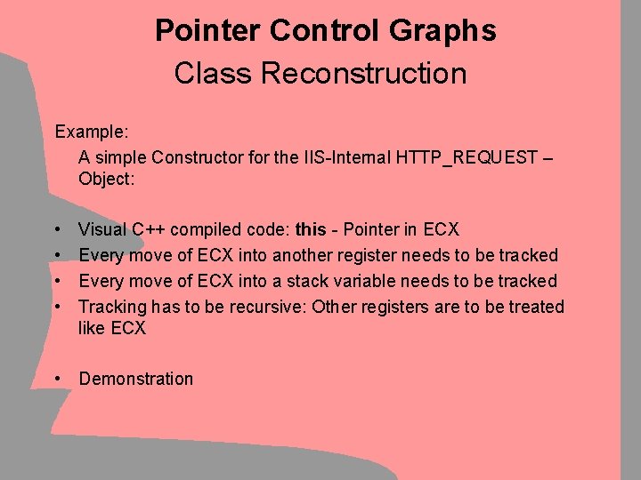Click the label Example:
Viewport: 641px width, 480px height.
(x=93, y=132)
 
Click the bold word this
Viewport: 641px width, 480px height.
(x=310, y=229)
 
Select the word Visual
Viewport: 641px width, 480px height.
(x=103, y=229)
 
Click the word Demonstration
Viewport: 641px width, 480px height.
(x=136, y=379)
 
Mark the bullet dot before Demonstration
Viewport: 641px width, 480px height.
(x=57, y=379)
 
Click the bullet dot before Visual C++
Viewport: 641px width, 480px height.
(x=57, y=229)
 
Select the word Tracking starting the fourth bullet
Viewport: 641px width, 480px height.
(x=110, y=307)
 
